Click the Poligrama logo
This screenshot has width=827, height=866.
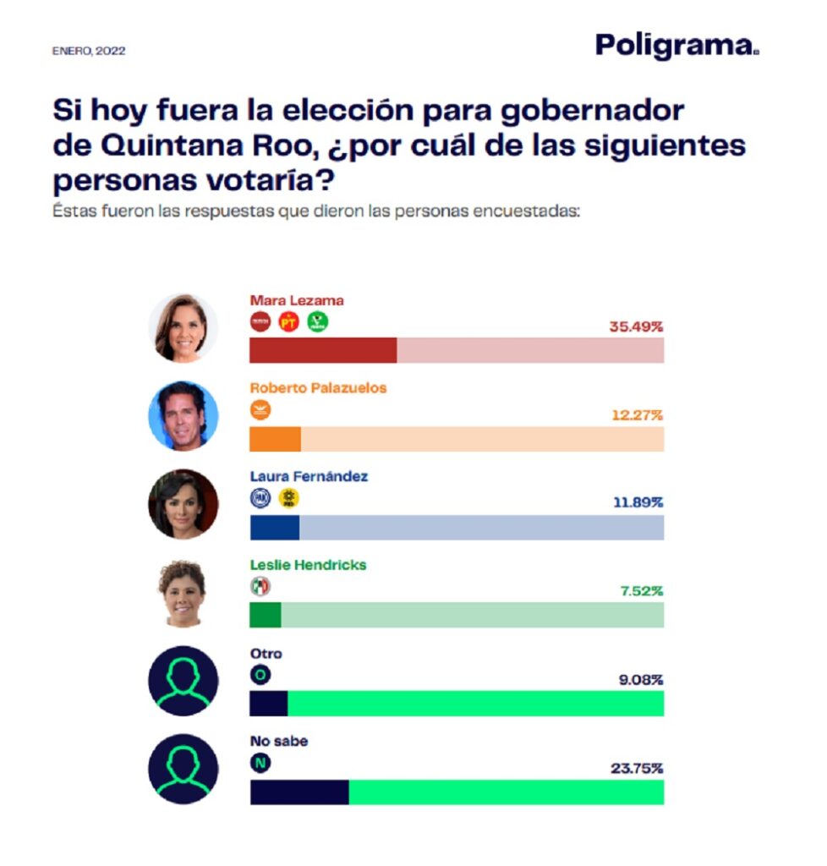click(676, 45)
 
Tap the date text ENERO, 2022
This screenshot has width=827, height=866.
click(89, 51)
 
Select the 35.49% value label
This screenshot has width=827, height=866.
click(636, 326)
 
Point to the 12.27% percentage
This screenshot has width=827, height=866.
click(637, 414)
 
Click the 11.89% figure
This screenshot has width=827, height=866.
click(638, 502)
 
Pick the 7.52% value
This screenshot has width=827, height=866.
click(640, 590)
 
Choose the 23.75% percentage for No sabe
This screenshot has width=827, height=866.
click(637, 768)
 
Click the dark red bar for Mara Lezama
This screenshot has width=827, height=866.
click(323, 350)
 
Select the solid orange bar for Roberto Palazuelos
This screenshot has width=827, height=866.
click(276, 439)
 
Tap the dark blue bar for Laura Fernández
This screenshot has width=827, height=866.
click(275, 527)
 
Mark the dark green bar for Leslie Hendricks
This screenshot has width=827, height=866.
click(266, 615)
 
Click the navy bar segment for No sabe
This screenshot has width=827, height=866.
click(299, 792)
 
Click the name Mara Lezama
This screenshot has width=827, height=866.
click(297, 300)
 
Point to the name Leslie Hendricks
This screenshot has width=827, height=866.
click(308, 564)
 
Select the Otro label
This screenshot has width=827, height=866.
click(266, 654)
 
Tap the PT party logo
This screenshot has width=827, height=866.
click(289, 322)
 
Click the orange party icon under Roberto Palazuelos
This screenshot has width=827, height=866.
click(260, 411)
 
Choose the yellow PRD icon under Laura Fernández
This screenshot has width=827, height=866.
click(289, 499)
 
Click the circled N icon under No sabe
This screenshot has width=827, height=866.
click(260, 763)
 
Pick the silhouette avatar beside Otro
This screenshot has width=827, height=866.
click(183, 681)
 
